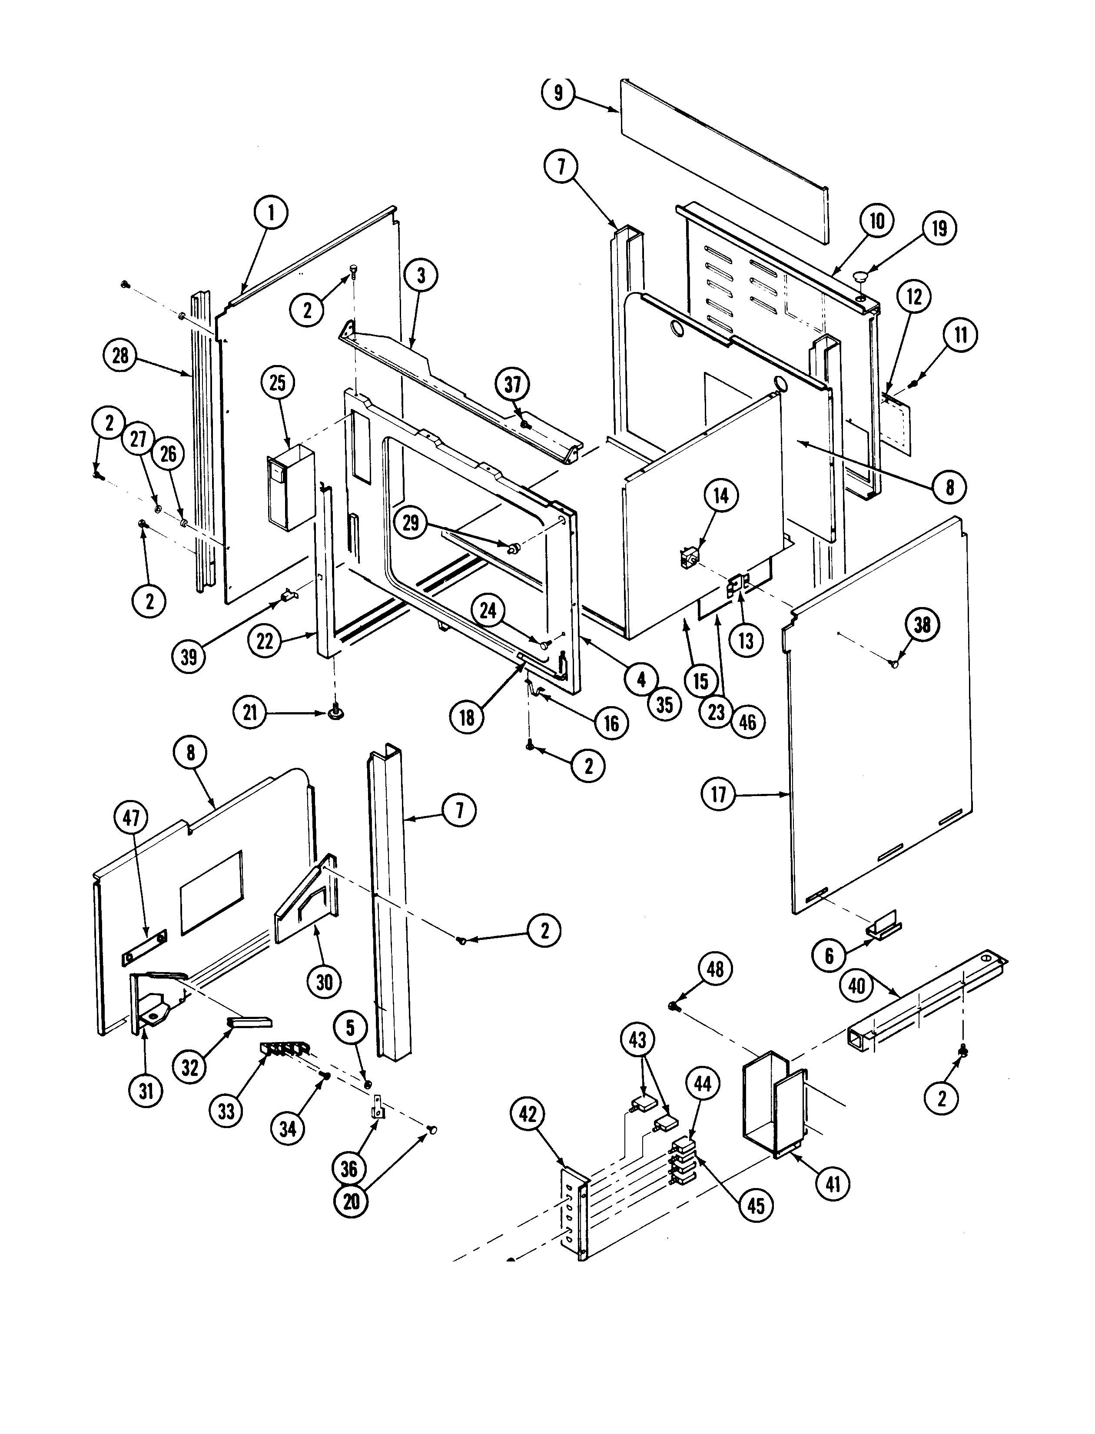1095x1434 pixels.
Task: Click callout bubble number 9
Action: tap(558, 92)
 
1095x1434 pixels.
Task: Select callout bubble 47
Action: tap(131, 817)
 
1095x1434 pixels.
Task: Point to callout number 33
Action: tap(226, 1111)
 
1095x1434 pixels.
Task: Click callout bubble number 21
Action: tap(250, 713)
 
